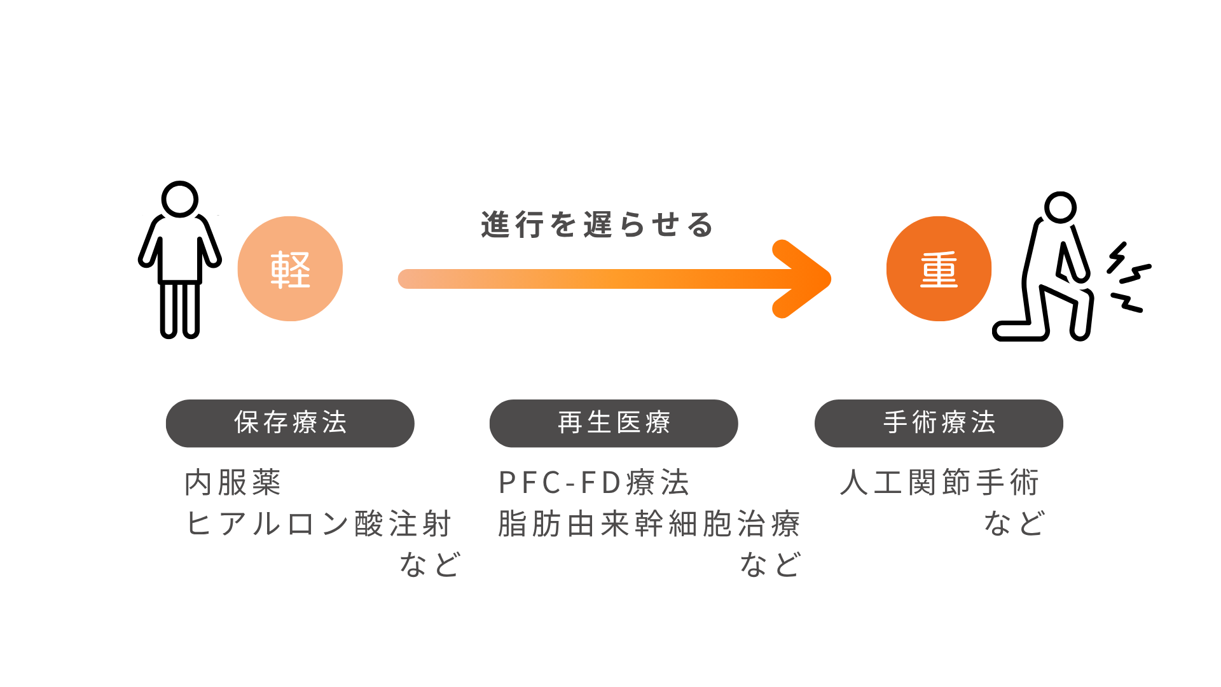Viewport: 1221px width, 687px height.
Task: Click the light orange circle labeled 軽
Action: tap(290, 269)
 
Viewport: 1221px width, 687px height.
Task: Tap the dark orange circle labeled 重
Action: tap(939, 269)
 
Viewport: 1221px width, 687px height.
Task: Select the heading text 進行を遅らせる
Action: tap(597, 225)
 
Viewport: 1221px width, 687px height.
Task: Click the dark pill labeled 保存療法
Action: tap(290, 423)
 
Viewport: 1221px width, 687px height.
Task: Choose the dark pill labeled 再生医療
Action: tap(614, 423)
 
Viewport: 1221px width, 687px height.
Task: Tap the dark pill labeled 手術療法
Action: tap(939, 423)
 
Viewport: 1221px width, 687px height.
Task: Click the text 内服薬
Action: tap(233, 483)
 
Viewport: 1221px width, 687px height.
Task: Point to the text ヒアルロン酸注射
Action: tap(319, 524)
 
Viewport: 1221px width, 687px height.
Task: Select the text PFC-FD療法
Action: tap(594, 483)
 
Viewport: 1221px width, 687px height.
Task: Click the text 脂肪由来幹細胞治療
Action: tap(649, 524)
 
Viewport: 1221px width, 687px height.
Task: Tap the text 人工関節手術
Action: tap(940, 483)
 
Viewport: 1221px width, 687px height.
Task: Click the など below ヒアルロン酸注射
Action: tap(430, 565)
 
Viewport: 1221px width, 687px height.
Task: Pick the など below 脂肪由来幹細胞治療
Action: tap(770, 565)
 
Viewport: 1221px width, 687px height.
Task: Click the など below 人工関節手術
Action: tap(1014, 524)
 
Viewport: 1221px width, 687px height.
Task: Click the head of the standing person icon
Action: tap(180, 199)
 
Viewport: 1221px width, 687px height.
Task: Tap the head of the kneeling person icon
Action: tap(1060, 207)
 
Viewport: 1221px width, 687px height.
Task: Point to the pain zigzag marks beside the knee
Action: tap(1128, 277)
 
